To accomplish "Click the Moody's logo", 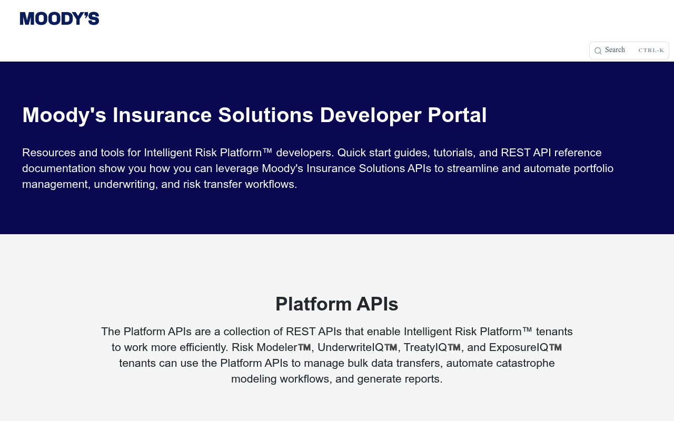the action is pyautogui.click(x=60, y=18).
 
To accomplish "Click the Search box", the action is pyautogui.click(x=629, y=50).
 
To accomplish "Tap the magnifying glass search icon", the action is pyautogui.click(x=598, y=51).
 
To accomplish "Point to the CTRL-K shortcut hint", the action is pyautogui.click(x=651, y=50).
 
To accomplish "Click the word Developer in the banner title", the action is pyautogui.click(x=370, y=115).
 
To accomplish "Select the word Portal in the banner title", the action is pyautogui.click(x=457, y=115).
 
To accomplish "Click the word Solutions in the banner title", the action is pyautogui.click(x=265, y=115).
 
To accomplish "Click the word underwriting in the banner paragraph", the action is pyautogui.click(x=126, y=184).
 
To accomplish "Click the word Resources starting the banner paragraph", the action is pyautogui.click(x=49, y=153).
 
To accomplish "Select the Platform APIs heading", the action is pyautogui.click(x=336, y=304).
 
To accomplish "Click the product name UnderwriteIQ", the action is pyautogui.click(x=350, y=347).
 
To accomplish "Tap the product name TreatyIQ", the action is pyautogui.click(x=425, y=347).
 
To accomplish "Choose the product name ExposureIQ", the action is pyautogui.click(x=519, y=347).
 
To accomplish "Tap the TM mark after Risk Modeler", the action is pyautogui.click(x=304, y=347).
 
